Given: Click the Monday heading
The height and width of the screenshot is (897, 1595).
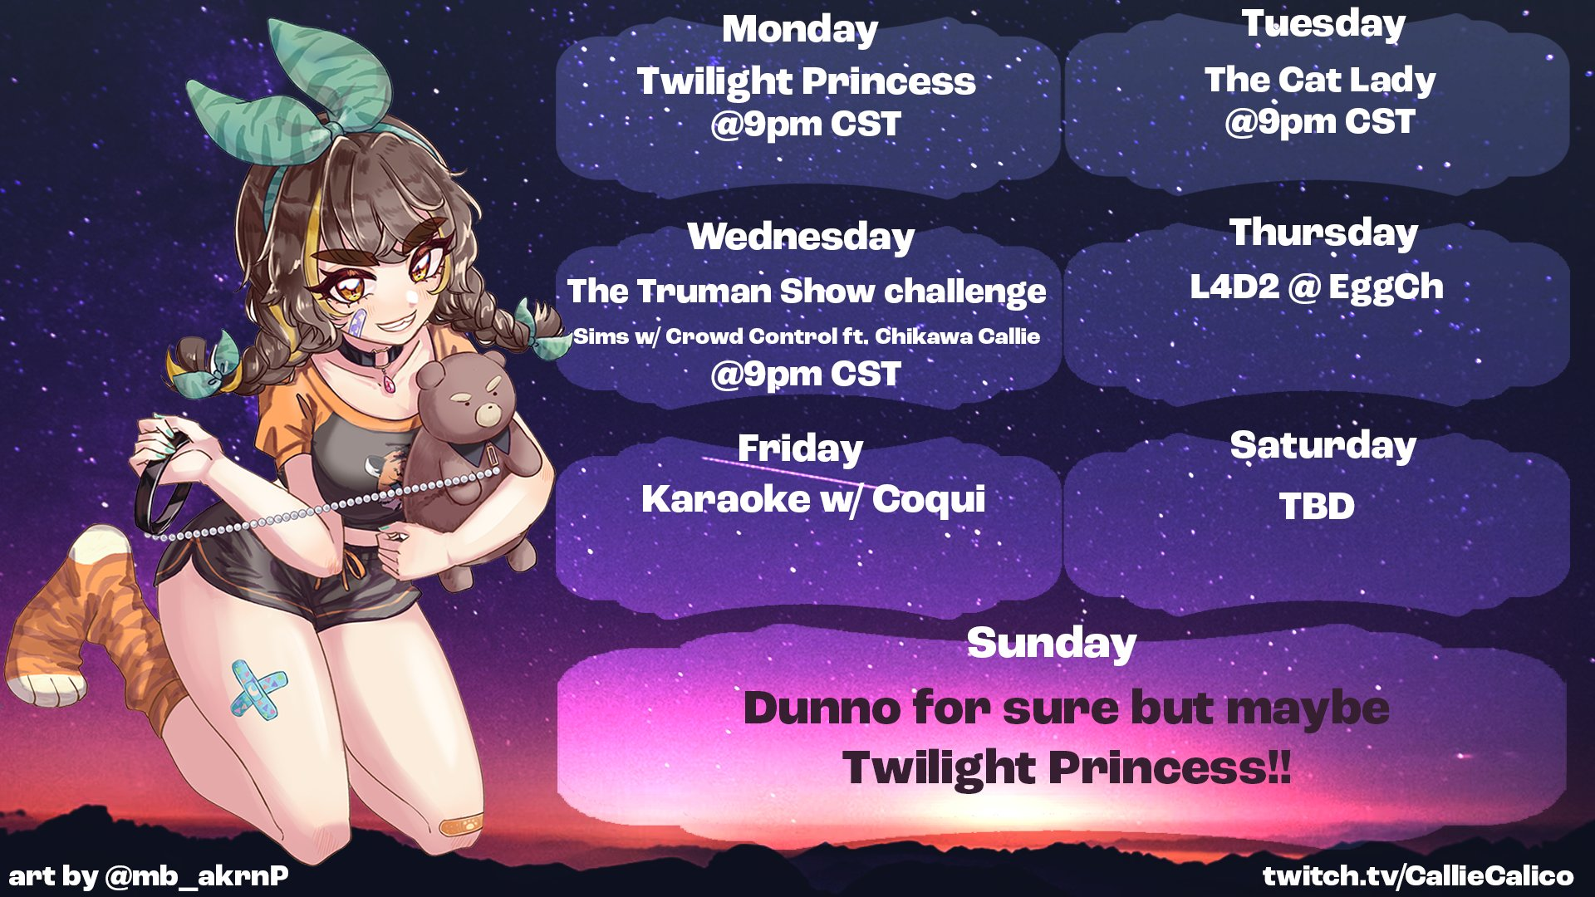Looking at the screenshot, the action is [x=799, y=31].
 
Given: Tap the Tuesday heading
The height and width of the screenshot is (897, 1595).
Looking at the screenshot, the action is [x=1323, y=25].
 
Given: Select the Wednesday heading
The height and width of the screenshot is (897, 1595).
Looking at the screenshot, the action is [x=801, y=237].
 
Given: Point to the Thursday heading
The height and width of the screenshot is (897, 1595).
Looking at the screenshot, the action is [x=1323, y=233].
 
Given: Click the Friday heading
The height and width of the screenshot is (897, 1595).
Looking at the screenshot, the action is [x=800, y=449].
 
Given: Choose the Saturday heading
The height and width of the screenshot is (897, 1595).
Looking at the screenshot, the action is [x=1323, y=446].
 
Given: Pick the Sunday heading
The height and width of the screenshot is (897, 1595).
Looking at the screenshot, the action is [x=1052, y=644].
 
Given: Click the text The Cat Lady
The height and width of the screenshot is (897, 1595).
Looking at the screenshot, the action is [x=1320, y=81].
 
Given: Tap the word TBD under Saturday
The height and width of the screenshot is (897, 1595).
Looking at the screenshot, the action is [x=1317, y=506].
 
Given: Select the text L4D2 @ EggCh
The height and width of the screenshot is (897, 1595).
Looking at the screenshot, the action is [x=1317, y=287].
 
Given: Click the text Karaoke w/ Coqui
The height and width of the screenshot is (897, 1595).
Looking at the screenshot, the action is [x=813, y=499].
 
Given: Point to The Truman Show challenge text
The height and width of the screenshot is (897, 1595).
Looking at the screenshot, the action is [x=807, y=292].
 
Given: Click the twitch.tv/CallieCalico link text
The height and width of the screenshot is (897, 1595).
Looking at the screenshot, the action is [x=1418, y=875].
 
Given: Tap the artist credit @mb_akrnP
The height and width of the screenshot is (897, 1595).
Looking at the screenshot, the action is [x=197, y=876].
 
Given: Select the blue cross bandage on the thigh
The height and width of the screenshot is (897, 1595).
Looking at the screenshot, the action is [x=258, y=689].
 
